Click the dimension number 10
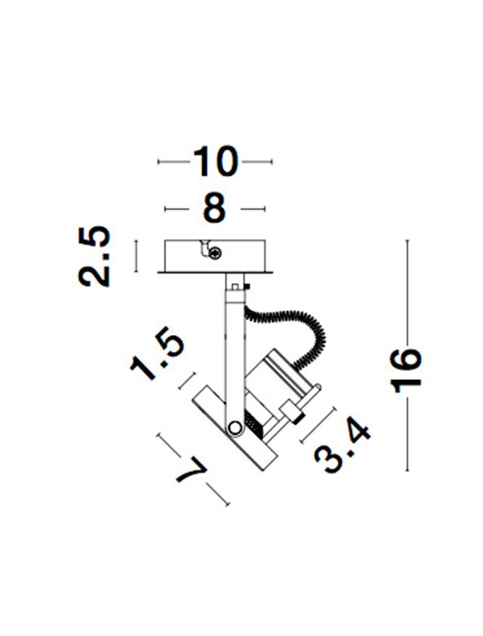[x=215, y=161]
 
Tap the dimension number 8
[x=214, y=208]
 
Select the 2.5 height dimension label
[x=93, y=256]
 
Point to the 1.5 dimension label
[x=157, y=352]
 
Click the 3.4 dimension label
[x=342, y=447]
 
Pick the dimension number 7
[x=191, y=470]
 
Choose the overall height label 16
[x=406, y=370]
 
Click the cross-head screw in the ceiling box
[x=215, y=253]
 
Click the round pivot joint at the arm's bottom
[x=234, y=427]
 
